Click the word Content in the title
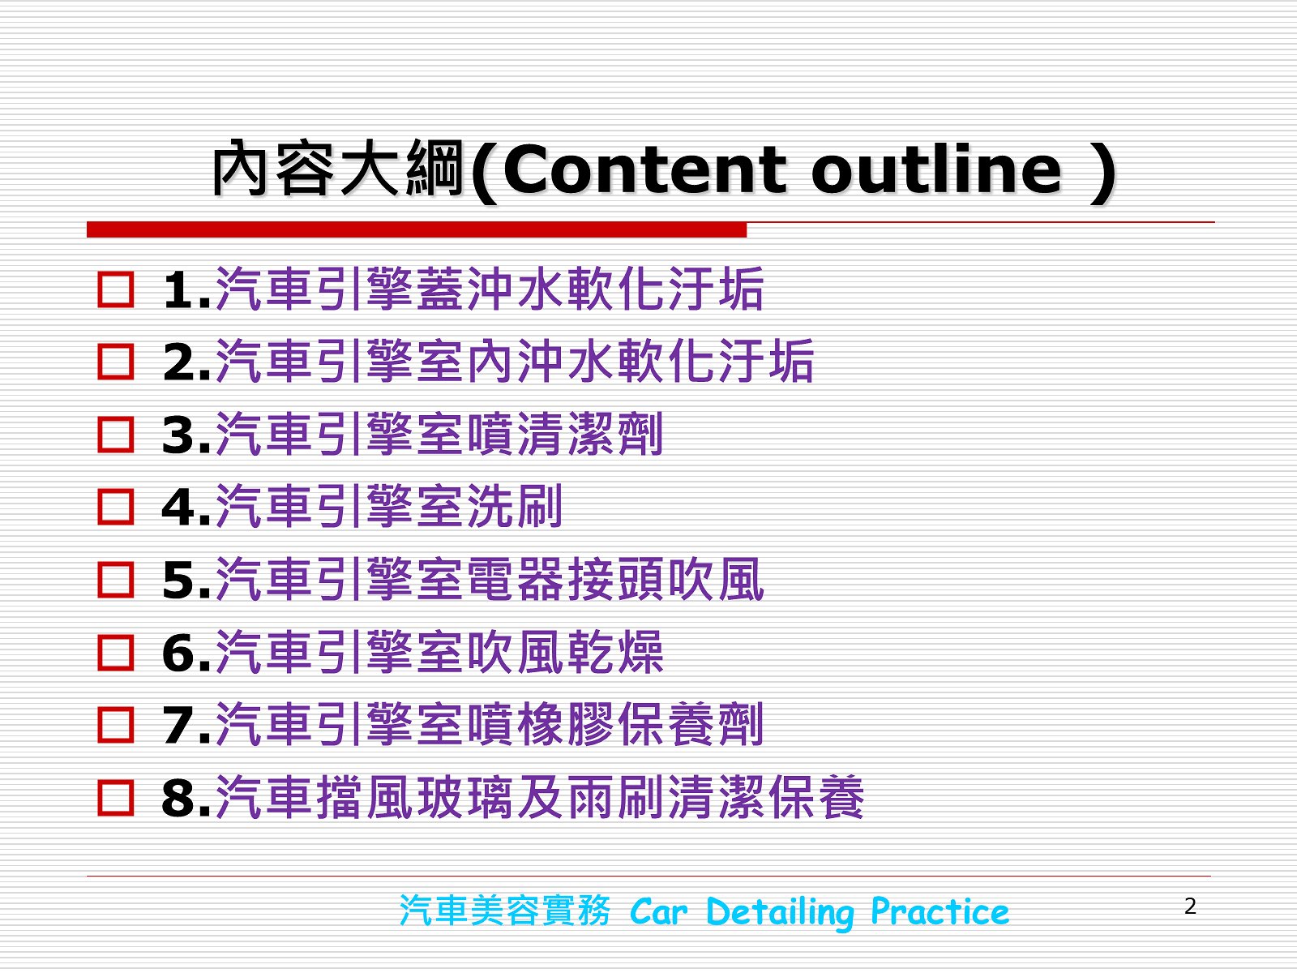(x=645, y=170)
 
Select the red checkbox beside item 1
(x=115, y=289)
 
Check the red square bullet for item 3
(x=115, y=435)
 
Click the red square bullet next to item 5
(x=115, y=580)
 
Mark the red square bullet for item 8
(x=115, y=798)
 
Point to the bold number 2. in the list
(x=186, y=362)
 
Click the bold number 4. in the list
(x=186, y=508)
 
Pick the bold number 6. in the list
(x=186, y=654)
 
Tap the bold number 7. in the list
(x=186, y=726)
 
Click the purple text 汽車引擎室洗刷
(x=389, y=506)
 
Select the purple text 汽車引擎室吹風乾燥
(x=439, y=652)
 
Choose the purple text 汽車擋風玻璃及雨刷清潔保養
(x=540, y=798)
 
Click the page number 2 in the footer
(x=1190, y=907)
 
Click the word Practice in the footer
(x=940, y=911)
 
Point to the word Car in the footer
(x=659, y=912)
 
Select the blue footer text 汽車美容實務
(x=505, y=911)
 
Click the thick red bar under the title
(x=417, y=229)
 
